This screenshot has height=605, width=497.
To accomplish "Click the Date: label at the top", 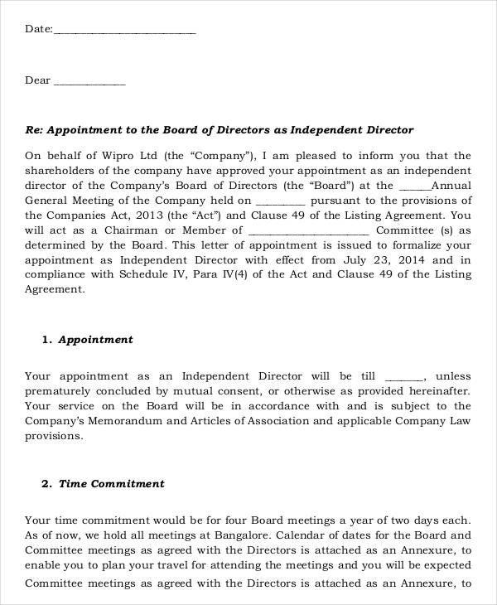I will [x=38, y=29].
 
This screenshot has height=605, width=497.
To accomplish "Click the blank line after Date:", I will [x=124, y=31].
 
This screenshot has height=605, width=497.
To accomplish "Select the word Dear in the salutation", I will [x=38, y=80].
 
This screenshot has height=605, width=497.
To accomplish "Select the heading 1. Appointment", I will [x=88, y=340].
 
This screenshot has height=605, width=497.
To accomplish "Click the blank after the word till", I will [x=406, y=377].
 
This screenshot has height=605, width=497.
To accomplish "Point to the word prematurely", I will [x=60, y=390].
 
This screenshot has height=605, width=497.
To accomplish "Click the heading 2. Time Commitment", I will [x=104, y=484].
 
